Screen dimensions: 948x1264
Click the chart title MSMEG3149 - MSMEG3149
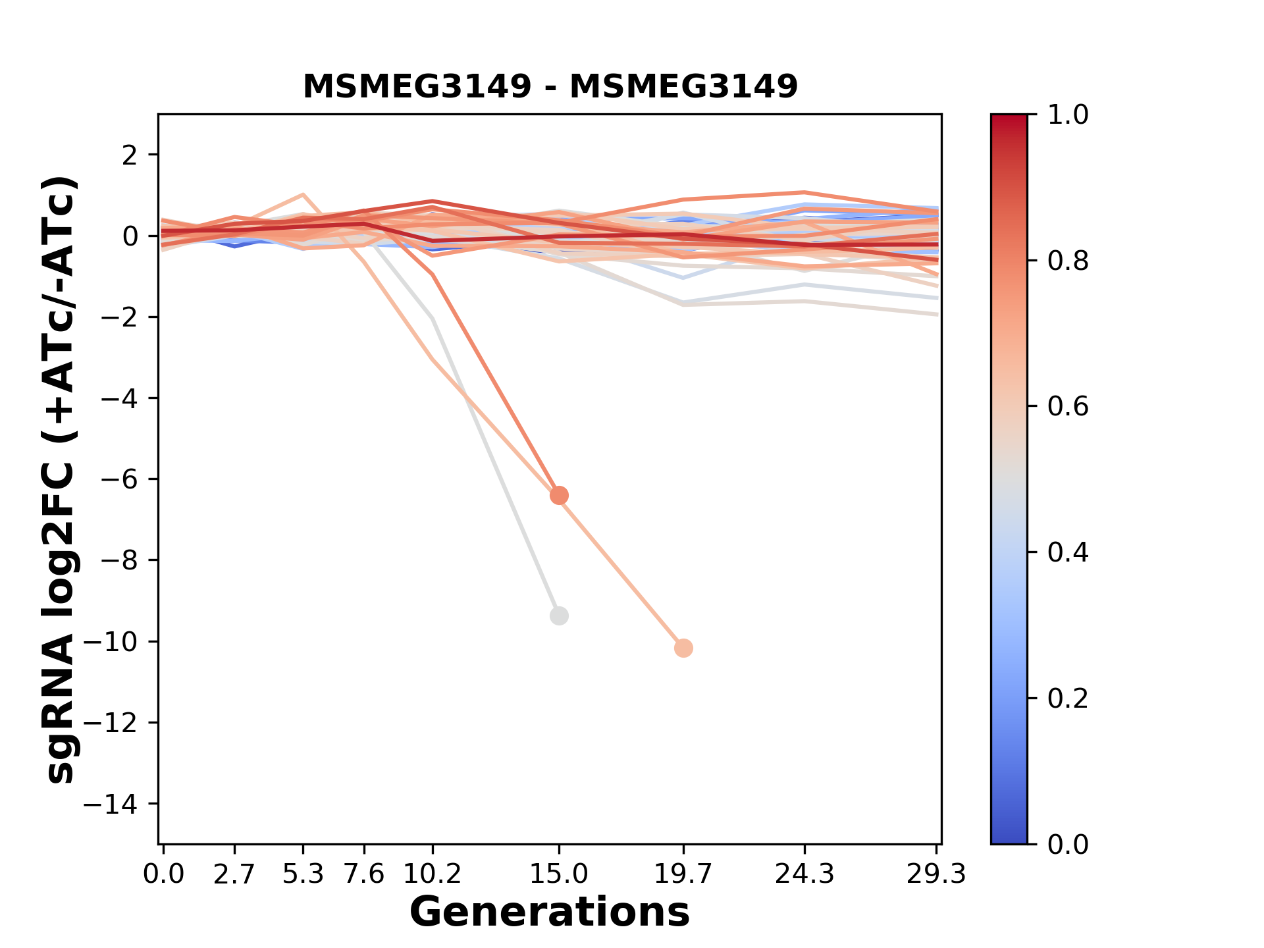[550, 87]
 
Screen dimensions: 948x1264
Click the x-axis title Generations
[550, 912]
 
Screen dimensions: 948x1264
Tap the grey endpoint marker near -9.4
[559, 616]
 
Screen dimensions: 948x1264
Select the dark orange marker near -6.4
[559, 495]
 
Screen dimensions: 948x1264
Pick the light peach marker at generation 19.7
[683, 648]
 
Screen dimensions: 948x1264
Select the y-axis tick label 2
[130, 155]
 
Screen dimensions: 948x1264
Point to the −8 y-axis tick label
[119, 560]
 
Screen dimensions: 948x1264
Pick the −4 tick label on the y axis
[119, 398]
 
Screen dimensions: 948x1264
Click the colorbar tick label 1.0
[1068, 115]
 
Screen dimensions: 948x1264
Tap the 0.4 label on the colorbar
[1068, 552]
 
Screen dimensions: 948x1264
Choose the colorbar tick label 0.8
[1068, 261]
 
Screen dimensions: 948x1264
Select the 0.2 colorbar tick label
[1068, 698]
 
